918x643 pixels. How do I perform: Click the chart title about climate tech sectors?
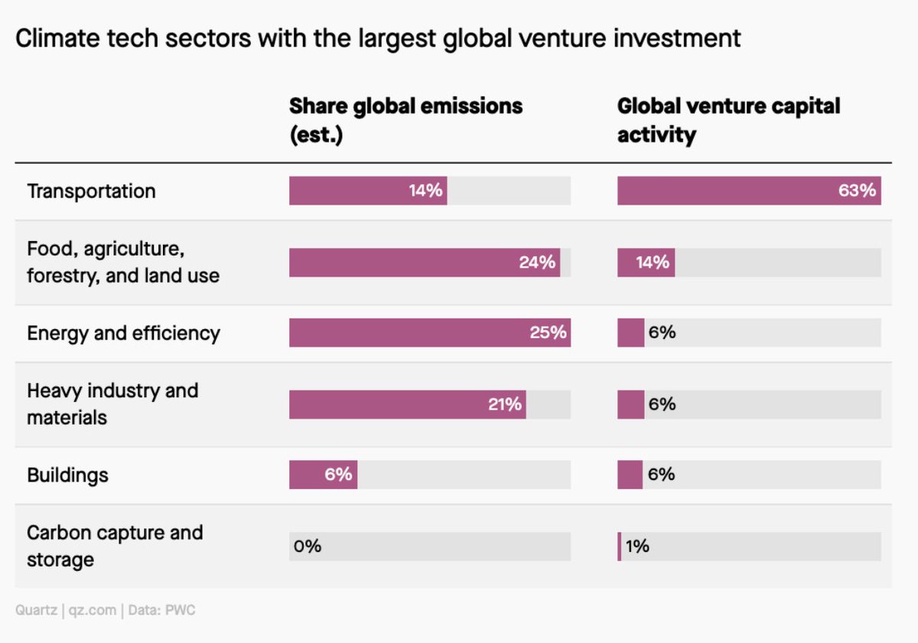coord(378,38)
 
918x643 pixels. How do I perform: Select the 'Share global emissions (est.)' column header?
coord(405,119)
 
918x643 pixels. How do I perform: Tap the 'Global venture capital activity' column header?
coord(728,119)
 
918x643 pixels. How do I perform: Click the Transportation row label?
coord(91,191)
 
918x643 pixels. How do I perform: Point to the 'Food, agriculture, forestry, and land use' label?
coord(122,262)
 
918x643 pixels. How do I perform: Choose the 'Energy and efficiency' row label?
coord(123,333)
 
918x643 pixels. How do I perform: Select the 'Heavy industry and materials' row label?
coord(112,404)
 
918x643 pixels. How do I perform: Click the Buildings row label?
coord(67,475)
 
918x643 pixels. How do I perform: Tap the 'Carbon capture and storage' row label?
coord(115,546)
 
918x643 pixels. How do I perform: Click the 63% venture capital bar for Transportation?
coord(748,191)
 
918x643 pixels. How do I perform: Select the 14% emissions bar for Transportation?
coord(367,191)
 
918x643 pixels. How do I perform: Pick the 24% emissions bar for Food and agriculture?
coord(424,262)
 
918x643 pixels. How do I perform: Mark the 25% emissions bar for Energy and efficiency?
coord(429,333)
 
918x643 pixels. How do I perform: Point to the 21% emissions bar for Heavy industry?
coord(407,404)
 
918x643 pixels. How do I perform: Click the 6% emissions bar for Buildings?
coord(323,475)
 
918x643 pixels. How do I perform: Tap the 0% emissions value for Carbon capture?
coord(308,547)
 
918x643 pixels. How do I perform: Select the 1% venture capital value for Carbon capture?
coord(636,547)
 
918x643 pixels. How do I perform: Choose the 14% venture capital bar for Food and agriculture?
coord(646,262)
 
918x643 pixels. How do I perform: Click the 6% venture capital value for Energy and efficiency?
coord(661,333)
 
